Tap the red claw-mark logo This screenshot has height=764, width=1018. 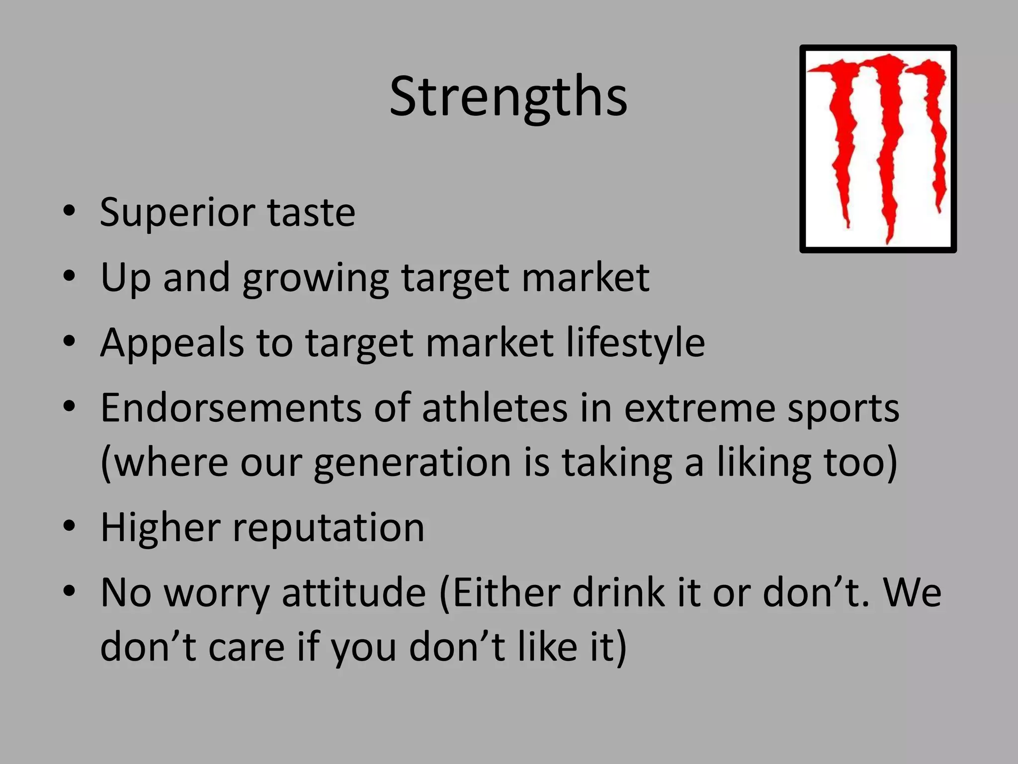coord(878,149)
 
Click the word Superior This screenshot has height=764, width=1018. coord(177,213)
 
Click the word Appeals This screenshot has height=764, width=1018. coord(172,343)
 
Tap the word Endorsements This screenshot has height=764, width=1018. coord(231,408)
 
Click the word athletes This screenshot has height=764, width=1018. coord(495,408)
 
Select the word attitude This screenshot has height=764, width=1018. coord(354,593)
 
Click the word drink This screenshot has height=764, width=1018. coord(618,593)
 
